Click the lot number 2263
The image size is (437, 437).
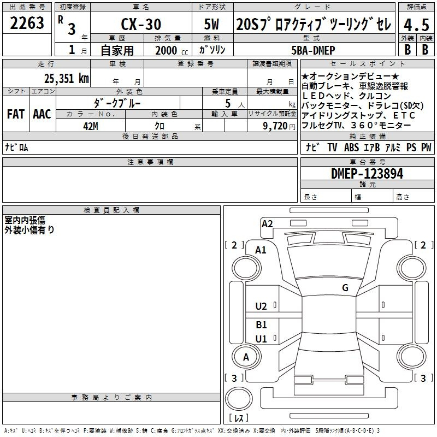click(27, 23)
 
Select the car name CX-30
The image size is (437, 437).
click(141, 24)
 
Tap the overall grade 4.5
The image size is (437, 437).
click(416, 25)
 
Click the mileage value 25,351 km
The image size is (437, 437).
click(66, 79)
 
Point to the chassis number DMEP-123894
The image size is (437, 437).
click(367, 174)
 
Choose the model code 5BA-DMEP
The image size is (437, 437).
click(313, 50)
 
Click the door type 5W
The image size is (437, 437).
click(211, 24)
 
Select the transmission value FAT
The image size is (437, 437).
click(16, 114)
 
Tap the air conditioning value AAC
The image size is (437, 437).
click(42, 114)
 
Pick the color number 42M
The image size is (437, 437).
click(91, 126)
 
